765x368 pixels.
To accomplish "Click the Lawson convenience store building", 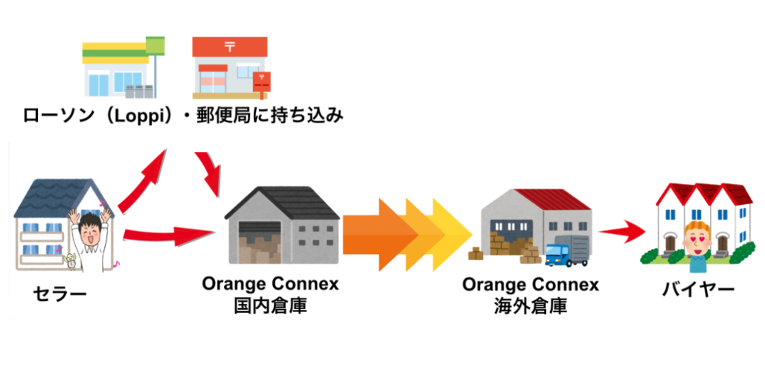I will click(119, 69).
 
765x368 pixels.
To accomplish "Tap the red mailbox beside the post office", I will click(261, 85).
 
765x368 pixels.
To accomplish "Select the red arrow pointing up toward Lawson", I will click(145, 179).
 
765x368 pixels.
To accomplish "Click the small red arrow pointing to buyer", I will click(619, 231).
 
